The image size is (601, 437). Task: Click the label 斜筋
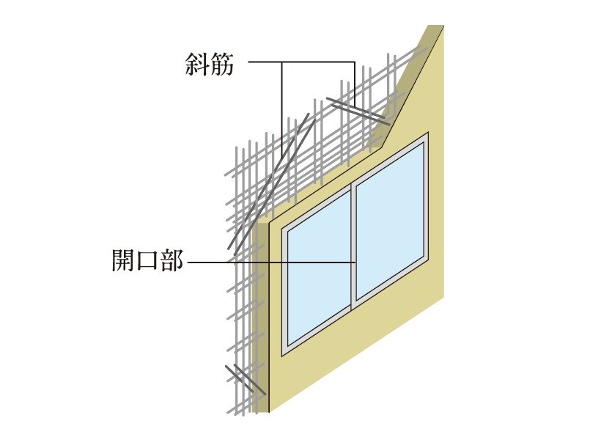210,65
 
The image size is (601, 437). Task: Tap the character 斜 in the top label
197,65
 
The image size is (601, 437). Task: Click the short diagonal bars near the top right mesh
355,109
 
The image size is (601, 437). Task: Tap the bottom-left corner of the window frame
284,353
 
